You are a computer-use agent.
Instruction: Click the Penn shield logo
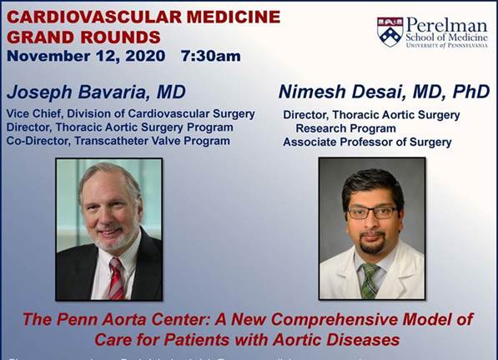click(390, 31)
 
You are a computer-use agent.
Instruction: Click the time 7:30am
click(210, 56)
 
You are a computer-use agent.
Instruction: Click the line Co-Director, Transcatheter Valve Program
click(118, 141)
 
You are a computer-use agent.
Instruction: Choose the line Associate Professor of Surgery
click(367, 142)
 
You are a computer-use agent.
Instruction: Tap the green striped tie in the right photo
click(368, 280)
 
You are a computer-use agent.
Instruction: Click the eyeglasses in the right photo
click(371, 212)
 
